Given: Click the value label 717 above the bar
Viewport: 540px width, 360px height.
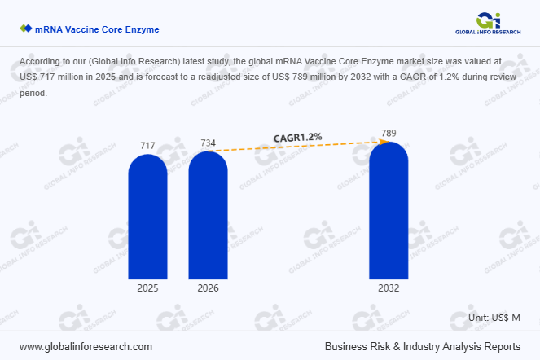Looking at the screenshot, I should (x=147, y=146).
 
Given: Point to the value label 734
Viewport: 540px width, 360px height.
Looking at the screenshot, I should (x=209, y=143).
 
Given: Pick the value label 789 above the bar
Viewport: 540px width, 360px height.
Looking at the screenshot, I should (x=389, y=134).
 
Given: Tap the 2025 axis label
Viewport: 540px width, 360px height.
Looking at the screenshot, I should (x=147, y=288).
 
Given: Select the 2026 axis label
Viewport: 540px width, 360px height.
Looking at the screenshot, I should (x=209, y=288).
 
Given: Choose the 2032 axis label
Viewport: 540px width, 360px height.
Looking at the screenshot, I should (x=389, y=288).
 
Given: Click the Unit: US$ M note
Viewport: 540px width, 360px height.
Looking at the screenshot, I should (x=494, y=316).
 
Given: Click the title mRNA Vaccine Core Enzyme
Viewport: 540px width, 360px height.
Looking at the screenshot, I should (x=97, y=29).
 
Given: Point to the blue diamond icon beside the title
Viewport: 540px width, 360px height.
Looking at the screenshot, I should (x=25, y=29).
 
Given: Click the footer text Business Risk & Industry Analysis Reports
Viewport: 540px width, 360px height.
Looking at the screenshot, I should (x=422, y=345).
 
